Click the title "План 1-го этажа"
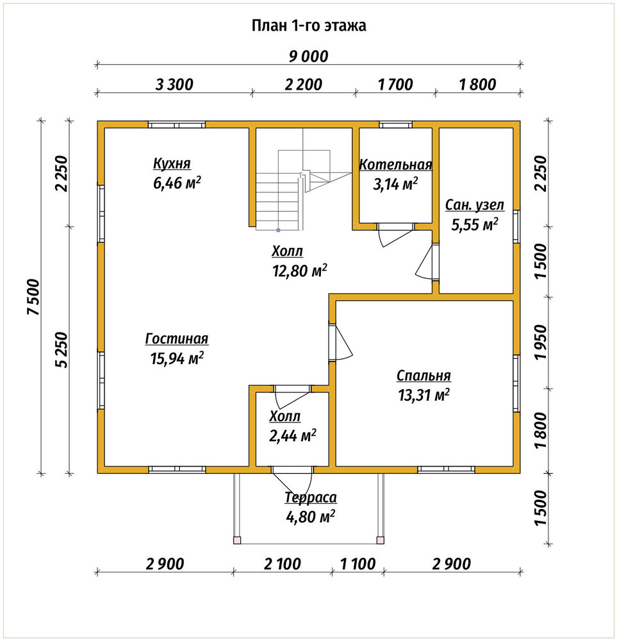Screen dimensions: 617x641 pyautogui.click(x=309, y=26)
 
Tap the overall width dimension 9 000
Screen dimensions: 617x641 pyautogui.click(x=309, y=56)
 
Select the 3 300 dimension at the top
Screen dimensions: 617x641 pyautogui.click(x=174, y=85)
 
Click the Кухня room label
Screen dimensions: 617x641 pyautogui.click(x=172, y=163)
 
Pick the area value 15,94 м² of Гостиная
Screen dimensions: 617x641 pyautogui.click(x=177, y=358)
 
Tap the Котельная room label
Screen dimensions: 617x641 pyautogui.click(x=395, y=164)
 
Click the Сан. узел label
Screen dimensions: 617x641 pyautogui.click(x=475, y=205)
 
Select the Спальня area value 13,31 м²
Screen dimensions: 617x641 pyautogui.click(x=424, y=395)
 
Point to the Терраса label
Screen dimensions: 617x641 pyautogui.click(x=311, y=497)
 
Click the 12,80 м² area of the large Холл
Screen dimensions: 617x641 pyautogui.click(x=300, y=271)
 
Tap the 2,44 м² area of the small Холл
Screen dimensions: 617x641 pyautogui.click(x=293, y=436)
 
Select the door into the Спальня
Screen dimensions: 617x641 pyautogui.click(x=341, y=342)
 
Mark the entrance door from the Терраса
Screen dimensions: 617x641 pyautogui.click(x=293, y=481)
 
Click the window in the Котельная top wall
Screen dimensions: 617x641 pyautogui.click(x=395, y=125)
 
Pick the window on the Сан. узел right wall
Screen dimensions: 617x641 pyautogui.click(x=516, y=226)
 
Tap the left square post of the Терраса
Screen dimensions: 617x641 pyautogui.click(x=237, y=540)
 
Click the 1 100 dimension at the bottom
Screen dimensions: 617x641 pyautogui.click(x=358, y=564)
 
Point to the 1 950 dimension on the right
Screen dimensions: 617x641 pyautogui.click(x=540, y=342)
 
